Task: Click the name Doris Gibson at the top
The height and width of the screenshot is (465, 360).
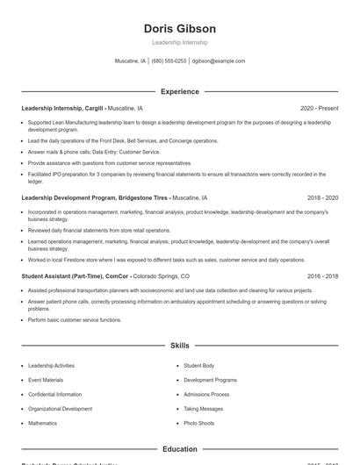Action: (179, 29)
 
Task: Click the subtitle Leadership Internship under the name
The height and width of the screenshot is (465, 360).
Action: (179, 42)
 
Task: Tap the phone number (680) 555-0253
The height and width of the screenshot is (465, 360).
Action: (169, 61)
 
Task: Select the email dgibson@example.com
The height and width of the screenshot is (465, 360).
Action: (219, 61)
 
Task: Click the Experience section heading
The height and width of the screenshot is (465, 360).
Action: (179, 91)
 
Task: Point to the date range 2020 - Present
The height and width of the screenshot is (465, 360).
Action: (319, 108)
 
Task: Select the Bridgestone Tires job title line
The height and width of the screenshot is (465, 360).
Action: (96, 198)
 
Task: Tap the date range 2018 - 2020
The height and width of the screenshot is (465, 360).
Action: (322, 198)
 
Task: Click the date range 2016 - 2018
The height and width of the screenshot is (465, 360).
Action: (322, 275)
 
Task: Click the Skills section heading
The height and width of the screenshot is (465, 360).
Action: (179, 346)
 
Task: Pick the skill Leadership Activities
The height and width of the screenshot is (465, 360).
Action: (51, 365)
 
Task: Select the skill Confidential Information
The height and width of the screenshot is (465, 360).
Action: (54, 395)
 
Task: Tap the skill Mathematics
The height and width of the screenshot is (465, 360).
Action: (42, 423)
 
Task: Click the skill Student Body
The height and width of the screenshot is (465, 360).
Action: (198, 365)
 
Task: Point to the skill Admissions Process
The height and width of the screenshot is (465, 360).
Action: (206, 395)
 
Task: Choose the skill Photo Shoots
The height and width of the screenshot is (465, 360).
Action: (198, 423)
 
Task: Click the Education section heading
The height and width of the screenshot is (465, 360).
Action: (179, 449)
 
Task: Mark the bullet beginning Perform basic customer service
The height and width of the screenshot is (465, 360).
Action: (75, 320)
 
